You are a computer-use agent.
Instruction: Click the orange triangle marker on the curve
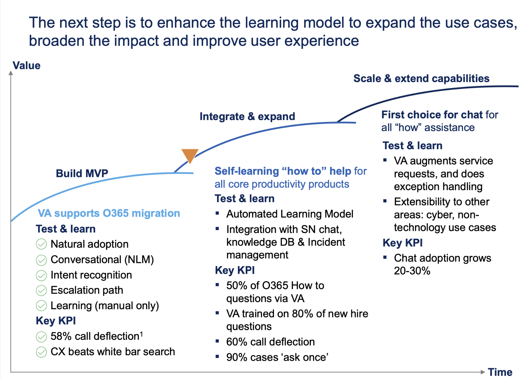point(189,155)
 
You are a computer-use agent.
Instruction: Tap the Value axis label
point(26,66)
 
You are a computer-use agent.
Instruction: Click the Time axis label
point(500,372)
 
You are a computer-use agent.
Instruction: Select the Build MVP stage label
point(82,173)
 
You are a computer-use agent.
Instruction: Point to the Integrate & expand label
point(247,116)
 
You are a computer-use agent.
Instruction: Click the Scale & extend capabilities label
point(421,78)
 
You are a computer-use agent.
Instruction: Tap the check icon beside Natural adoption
point(41,244)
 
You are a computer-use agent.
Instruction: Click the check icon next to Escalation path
point(41,290)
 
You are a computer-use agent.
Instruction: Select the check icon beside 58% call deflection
point(41,337)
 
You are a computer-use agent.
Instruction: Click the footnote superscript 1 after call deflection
point(141,334)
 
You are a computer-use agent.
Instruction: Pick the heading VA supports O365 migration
point(109,213)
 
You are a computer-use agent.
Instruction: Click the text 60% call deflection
point(270,342)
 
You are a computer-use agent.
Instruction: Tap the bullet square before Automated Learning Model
point(217,214)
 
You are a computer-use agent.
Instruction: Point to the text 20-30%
point(412,271)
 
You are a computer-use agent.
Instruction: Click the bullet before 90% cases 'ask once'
point(217,356)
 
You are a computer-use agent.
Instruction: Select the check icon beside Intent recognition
point(41,275)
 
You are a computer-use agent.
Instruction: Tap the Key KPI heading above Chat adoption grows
point(402,243)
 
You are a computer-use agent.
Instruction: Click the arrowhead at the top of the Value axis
point(11,73)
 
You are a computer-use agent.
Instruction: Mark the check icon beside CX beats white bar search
point(41,352)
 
